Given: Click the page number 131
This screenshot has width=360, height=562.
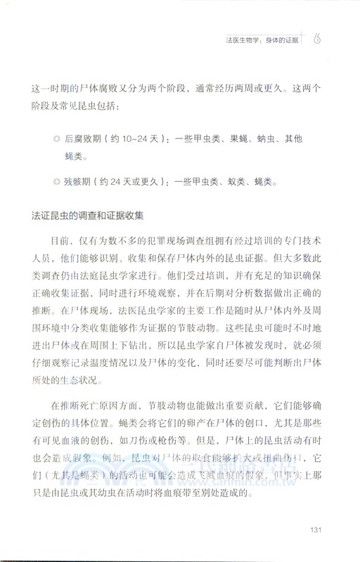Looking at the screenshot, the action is coord(316,530).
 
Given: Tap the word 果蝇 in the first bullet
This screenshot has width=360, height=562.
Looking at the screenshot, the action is coord(233,140).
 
